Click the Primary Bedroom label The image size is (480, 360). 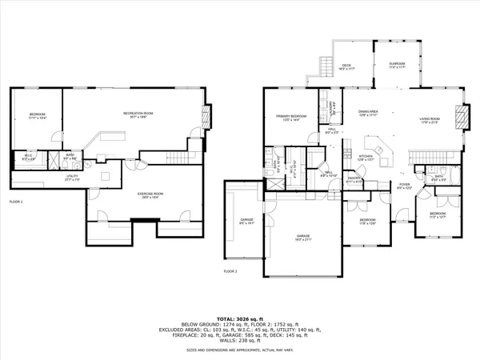pyautogui.click(x=284, y=117)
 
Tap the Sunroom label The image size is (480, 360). pyautogui.click(x=397, y=65)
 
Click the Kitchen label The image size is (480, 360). pyautogui.click(x=365, y=157)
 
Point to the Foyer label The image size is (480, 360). pyautogui.click(x=405, y=186)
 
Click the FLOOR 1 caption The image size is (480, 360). pyautogui.click(x=16, y=201)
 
